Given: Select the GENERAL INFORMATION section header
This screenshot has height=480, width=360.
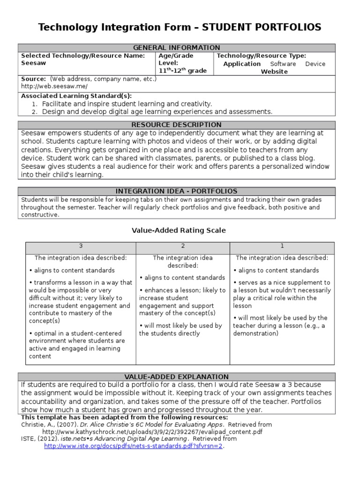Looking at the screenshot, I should click(177, 48).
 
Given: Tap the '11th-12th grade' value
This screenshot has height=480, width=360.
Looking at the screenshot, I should click(182, 71).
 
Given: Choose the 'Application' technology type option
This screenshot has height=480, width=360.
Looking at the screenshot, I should click(241, 64).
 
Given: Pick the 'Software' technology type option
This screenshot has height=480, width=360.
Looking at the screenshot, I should click(283, 64).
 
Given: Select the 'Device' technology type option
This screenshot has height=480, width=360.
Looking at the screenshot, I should click(315, 64).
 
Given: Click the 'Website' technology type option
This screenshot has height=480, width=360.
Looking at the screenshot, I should click(274, 72).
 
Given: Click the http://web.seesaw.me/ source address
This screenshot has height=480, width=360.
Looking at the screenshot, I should click(54, 87).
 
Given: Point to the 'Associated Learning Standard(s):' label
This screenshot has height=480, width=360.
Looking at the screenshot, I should click(76, 96).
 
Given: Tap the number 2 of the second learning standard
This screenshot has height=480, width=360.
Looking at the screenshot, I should click(34, 112).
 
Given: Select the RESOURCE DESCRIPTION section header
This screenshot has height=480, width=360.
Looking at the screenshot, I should click(177, 125).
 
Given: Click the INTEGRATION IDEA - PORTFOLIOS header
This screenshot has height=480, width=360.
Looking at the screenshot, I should click(177, 191).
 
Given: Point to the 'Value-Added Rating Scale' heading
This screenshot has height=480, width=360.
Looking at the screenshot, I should click(179, 230).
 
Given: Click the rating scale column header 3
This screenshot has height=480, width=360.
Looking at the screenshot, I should click(81, 246).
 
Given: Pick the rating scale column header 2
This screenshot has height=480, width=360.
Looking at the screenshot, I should click(183, 246).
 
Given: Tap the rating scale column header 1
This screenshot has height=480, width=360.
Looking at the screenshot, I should click(282, 246).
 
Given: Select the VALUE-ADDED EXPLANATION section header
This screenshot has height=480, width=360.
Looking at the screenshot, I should click(177, 377).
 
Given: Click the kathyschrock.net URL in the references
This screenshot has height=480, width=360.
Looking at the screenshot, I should click(152, 432).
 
